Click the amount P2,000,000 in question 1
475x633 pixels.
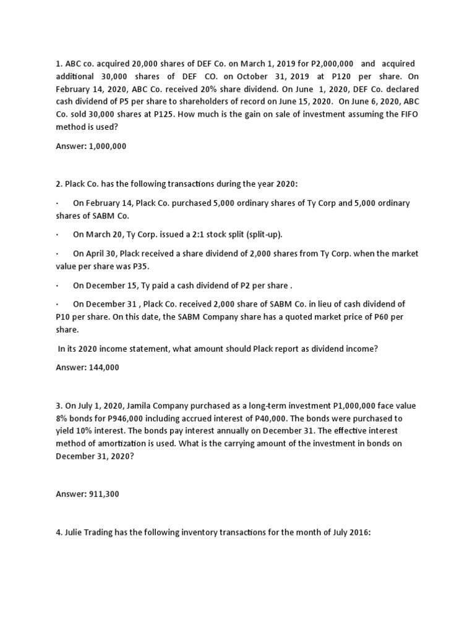pos(332,64)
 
